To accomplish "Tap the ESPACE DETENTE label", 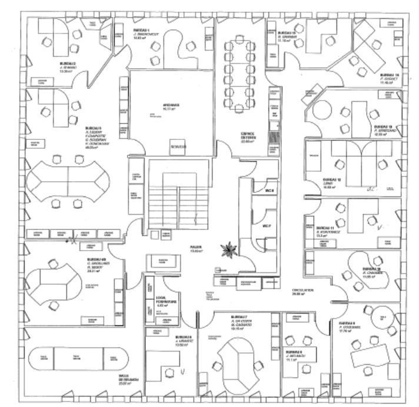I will point(238,135).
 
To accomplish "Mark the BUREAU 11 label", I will point(325,228).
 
